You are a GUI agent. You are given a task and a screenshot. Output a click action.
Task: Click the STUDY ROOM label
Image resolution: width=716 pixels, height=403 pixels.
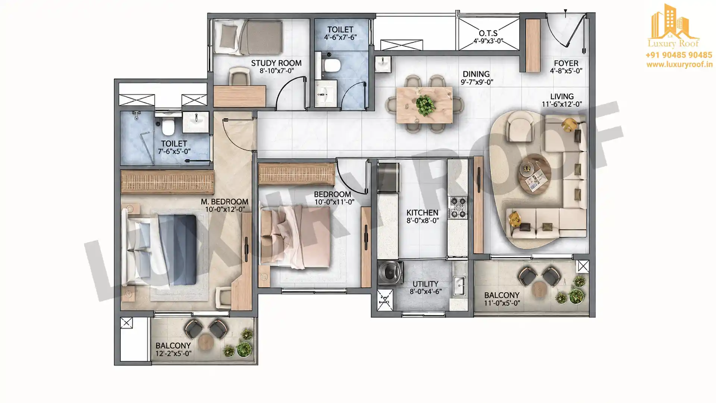(x=276, y=63)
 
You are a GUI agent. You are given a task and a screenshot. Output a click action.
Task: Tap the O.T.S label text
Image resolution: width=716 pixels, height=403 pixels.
(x=488, y=34)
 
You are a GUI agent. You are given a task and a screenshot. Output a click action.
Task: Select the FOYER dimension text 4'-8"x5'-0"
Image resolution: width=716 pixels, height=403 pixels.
(x=566, y=71)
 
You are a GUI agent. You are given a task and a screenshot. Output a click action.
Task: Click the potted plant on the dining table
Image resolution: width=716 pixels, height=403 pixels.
(x=425, y=105)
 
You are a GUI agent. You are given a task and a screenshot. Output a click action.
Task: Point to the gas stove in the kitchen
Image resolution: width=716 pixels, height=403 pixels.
(x=458, y=207)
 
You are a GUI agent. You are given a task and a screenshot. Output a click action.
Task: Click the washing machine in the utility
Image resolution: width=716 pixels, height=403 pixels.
(x=390, y=275)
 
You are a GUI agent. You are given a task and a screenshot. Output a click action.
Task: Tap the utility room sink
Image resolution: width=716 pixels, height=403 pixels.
(x=459, y=286)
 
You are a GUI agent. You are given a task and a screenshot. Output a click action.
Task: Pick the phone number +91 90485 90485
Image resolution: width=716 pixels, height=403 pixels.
(x=679, y=55)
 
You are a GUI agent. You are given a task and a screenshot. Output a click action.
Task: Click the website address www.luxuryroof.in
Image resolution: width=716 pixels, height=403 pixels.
(x=679, y=65)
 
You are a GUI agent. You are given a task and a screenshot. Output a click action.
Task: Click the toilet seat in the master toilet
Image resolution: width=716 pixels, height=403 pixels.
(x=168, y=126)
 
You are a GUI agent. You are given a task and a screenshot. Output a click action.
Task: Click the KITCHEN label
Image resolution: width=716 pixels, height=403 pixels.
(x=422, y=213)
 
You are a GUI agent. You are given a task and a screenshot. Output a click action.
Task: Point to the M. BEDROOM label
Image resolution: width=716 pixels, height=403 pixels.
(x=224, y=202)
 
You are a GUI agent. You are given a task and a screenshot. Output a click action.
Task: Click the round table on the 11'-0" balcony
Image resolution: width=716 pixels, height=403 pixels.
(x=539, y=290)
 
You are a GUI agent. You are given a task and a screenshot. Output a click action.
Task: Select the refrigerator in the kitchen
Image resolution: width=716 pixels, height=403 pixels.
(x=388, y=178)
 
